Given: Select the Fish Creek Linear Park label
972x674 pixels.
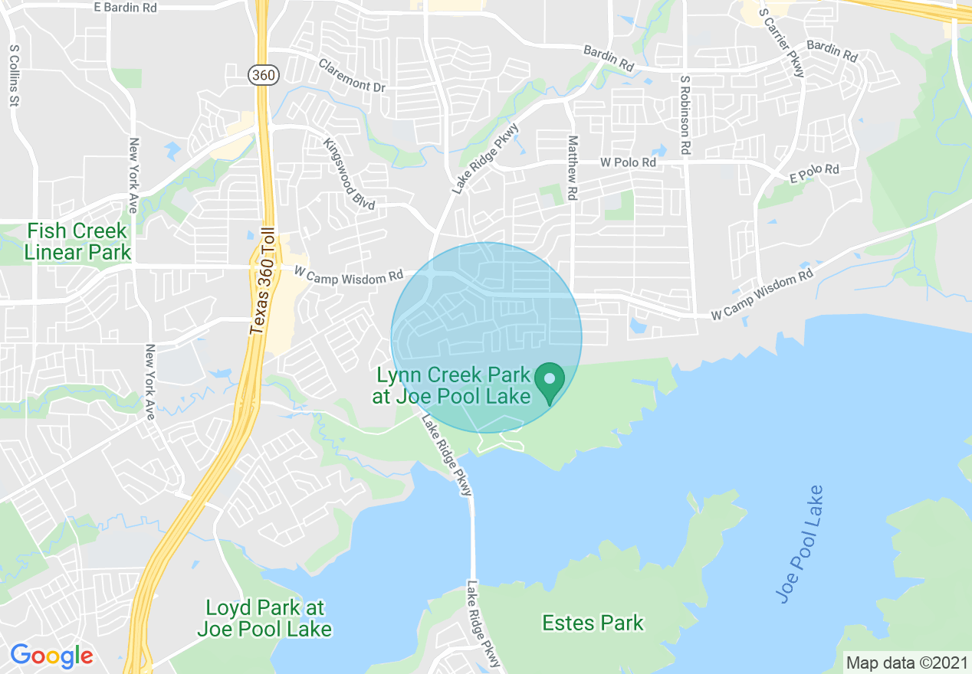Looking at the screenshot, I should [x=77, y=240].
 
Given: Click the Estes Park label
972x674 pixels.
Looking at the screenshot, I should [x=593, y=623].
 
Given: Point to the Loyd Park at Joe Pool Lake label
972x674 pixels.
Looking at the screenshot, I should [x=264, y=619].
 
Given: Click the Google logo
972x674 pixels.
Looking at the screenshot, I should [x=51, y=656].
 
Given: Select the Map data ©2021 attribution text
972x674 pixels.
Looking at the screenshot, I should [x=905, y=662].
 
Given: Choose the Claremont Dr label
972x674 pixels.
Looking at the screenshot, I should [x=352, y=77].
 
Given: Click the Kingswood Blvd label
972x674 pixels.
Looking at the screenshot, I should [x=349, y=175].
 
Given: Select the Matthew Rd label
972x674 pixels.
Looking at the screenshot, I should [x=572, y=168].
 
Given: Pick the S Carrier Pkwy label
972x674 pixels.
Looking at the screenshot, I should [x=781, y=42].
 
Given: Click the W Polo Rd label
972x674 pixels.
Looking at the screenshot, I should [x=628, y=162].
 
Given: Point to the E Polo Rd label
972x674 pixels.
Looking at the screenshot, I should [x=814, y=173].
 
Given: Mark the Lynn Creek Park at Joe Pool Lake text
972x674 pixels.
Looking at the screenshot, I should [x=453, y=385].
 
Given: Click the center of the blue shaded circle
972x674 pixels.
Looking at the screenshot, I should [x=486, y=338].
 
